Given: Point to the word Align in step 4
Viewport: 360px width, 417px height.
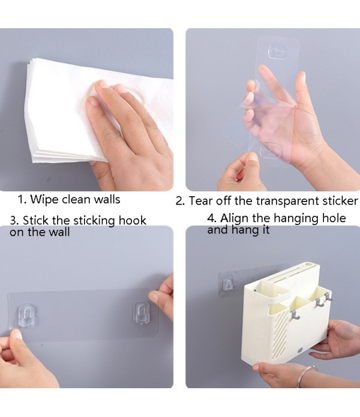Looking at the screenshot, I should tap(236, 218).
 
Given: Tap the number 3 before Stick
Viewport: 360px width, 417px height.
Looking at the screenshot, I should tap(13, 220).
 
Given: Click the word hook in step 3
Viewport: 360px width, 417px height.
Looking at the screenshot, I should tap(131, 220).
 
